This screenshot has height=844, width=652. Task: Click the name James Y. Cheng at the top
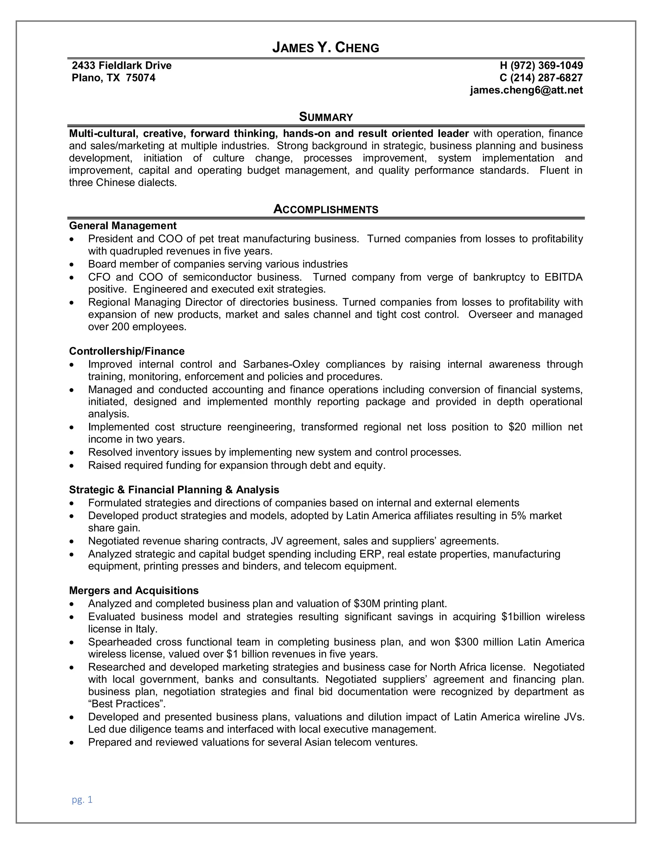pos(326,47)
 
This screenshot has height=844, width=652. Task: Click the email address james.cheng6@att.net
pos(526,90)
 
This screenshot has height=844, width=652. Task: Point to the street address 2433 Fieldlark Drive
pos(122,65)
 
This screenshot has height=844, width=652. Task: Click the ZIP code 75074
pos(141,78)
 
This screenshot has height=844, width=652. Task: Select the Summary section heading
pos(326,117)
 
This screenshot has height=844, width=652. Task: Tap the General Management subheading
pos(123,226)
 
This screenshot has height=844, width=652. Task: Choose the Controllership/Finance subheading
pos(127,351)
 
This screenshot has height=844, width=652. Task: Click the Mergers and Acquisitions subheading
pos(134,590)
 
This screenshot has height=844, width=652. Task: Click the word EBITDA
pos(563,277)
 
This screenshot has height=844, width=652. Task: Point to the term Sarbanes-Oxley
pos(281,364)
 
